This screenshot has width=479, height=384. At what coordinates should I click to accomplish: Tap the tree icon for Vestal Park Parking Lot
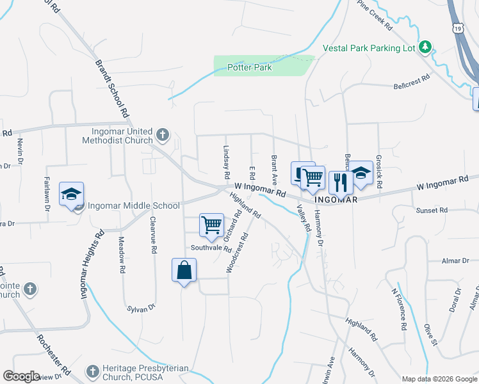click(x=425, y=47)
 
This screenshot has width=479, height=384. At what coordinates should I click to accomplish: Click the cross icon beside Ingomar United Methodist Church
click(x=163, y=135)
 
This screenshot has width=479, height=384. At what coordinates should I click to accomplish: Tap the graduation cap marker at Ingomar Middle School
click(x=71, y=194)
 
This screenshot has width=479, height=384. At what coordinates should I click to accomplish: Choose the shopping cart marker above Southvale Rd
click(x=211, y=225)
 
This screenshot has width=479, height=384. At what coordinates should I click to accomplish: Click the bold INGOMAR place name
click(x=335, y=200)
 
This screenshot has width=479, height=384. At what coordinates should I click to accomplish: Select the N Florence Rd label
click(x=400, y=308)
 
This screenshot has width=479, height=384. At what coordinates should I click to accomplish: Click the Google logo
click(x=21, y=376)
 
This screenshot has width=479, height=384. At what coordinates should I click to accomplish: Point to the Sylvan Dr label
click(x=141, y=308)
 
